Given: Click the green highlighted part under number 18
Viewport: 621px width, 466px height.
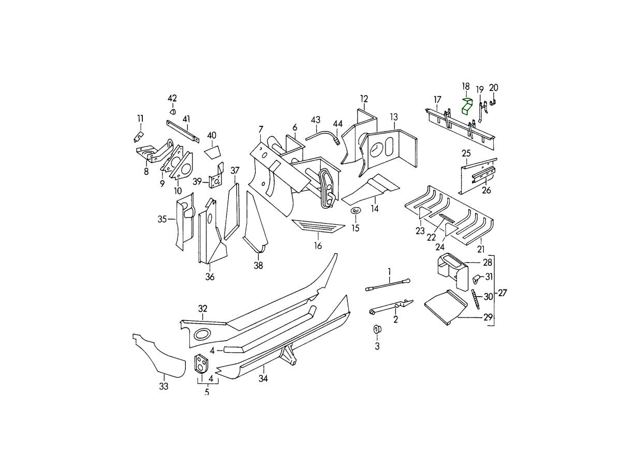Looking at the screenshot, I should [x=467, y=107].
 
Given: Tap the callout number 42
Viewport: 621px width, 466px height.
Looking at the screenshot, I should [x=172, y=98].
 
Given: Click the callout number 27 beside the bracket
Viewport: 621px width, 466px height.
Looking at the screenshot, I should [x=502, y=293].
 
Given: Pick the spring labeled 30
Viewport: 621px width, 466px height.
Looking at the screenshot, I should [x=474, y=298].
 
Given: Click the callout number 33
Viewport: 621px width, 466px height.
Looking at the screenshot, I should [x=164, y=386].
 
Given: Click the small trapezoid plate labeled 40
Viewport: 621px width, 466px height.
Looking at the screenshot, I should [x=212, y=151].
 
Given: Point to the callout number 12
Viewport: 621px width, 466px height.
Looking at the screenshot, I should [x=364, y=98].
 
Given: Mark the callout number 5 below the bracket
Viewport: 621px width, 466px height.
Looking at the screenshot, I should [x=207, y=392].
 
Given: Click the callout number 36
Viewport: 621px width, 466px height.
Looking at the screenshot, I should [x=210, y=277].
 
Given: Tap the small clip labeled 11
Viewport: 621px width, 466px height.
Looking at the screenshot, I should [x=138, y=136].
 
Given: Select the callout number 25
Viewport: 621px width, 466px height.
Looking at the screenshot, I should [x=466, y=153].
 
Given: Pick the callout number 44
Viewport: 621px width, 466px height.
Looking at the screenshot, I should [x=337, y=124].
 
